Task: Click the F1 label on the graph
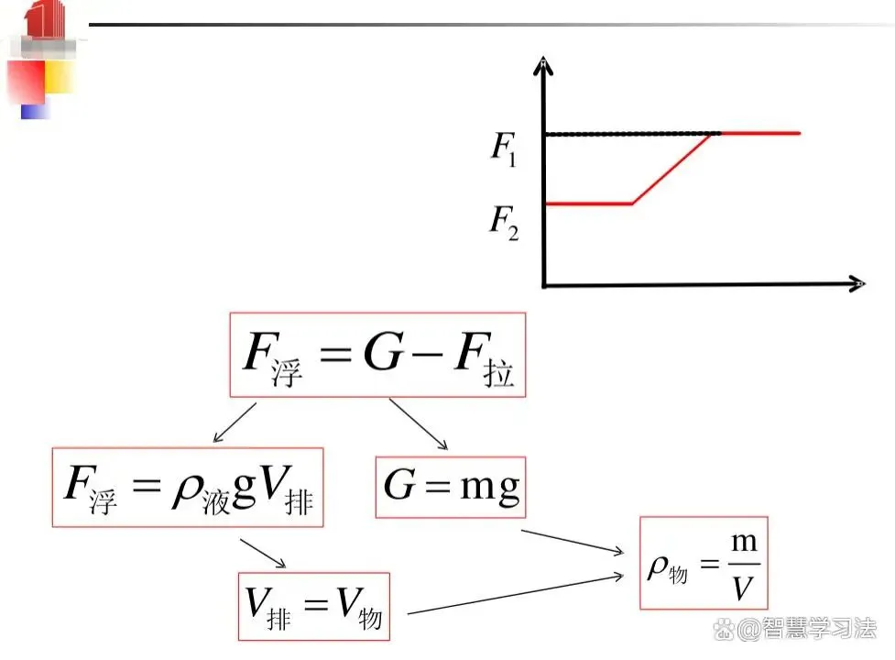(504, 148)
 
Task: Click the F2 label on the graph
(505, 222)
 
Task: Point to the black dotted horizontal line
(632, 134)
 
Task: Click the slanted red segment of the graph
(671, 169)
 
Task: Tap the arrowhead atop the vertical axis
(543, 66)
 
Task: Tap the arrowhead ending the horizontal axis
(857, 284)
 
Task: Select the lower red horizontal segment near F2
(589, 203)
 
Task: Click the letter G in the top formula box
(384, 352)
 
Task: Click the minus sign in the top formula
(427, 354)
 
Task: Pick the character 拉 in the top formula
(498, 373)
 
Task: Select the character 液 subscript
(215, 501)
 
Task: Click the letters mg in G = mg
(490, 489)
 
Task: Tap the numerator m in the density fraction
(745, 541)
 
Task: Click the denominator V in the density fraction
(743, 588)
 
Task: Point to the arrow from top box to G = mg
(419, 424)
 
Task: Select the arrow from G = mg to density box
(573, 542)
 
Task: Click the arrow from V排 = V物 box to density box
(516, 594)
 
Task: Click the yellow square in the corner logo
(59, 76)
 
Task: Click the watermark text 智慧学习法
(819, 629)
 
